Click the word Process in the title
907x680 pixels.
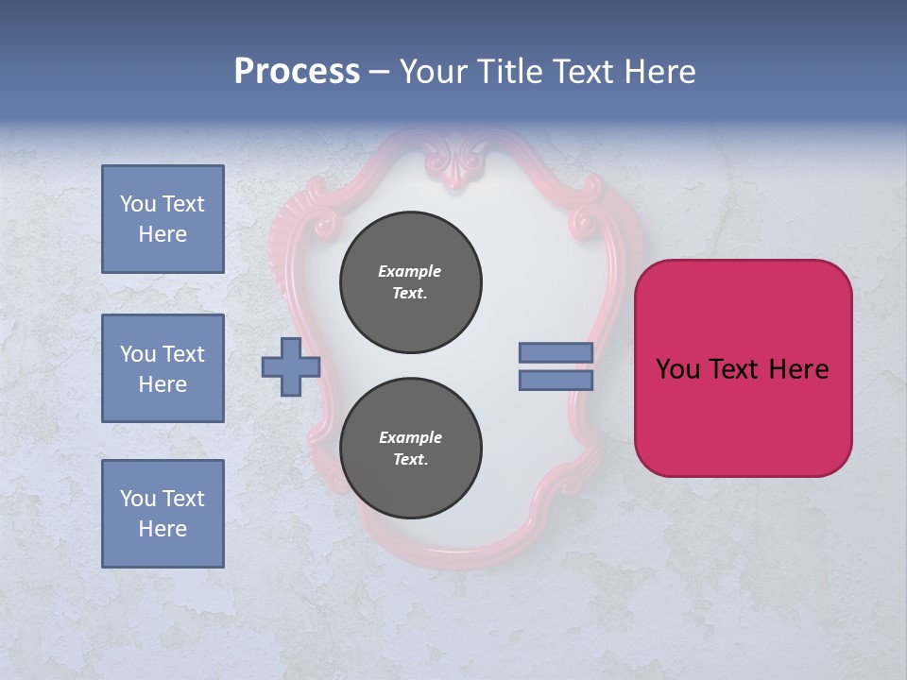coord(297,72)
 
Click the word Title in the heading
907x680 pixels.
coord(510,72)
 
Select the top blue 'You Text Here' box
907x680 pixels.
coord(163,219)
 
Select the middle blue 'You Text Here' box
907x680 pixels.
coord(163,368)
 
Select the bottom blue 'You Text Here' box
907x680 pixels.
coord(163,514)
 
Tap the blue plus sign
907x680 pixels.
coord(291,366)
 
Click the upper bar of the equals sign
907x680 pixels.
coord(556,352)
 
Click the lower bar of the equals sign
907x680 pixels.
coord(556,381)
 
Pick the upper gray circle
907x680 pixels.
coord(411,282)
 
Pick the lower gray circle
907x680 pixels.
coord(411,449)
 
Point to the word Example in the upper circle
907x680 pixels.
coord(409,271)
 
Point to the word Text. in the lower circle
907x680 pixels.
coord(409,460)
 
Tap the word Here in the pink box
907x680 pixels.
coord(798,369)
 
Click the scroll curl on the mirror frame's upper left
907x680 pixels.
coord(327,224)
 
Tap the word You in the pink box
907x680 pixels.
coord(677,369)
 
